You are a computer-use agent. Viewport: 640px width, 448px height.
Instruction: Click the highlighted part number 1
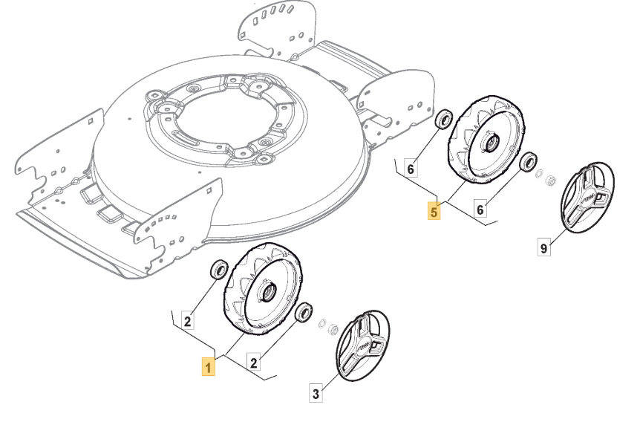(x=209, y=366)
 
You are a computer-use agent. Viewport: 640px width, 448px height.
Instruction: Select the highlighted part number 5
(x=434, y=212)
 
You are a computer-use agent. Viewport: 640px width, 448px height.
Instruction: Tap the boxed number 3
(x=316, y=395)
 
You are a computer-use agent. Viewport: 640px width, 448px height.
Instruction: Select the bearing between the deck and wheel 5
(x=443, y=119)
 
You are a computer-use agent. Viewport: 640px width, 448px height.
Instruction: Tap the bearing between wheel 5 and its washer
(x=529, y=161)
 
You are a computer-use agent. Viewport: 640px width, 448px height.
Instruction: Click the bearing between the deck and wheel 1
(x=219, y=269)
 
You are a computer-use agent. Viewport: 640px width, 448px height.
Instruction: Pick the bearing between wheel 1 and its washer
(x=303, y=312)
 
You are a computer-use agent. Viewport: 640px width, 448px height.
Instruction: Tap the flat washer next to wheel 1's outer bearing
(x=321, y=324)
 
